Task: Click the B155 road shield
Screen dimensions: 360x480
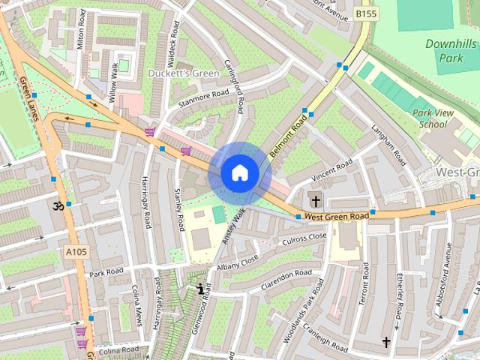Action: click(366, 13)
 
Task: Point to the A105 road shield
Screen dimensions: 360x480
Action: click(76, 251)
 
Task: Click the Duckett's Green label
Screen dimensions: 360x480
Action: click(184, 73)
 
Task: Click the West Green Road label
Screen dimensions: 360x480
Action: click(337, 216)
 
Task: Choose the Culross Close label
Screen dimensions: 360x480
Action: click(303, 239)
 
